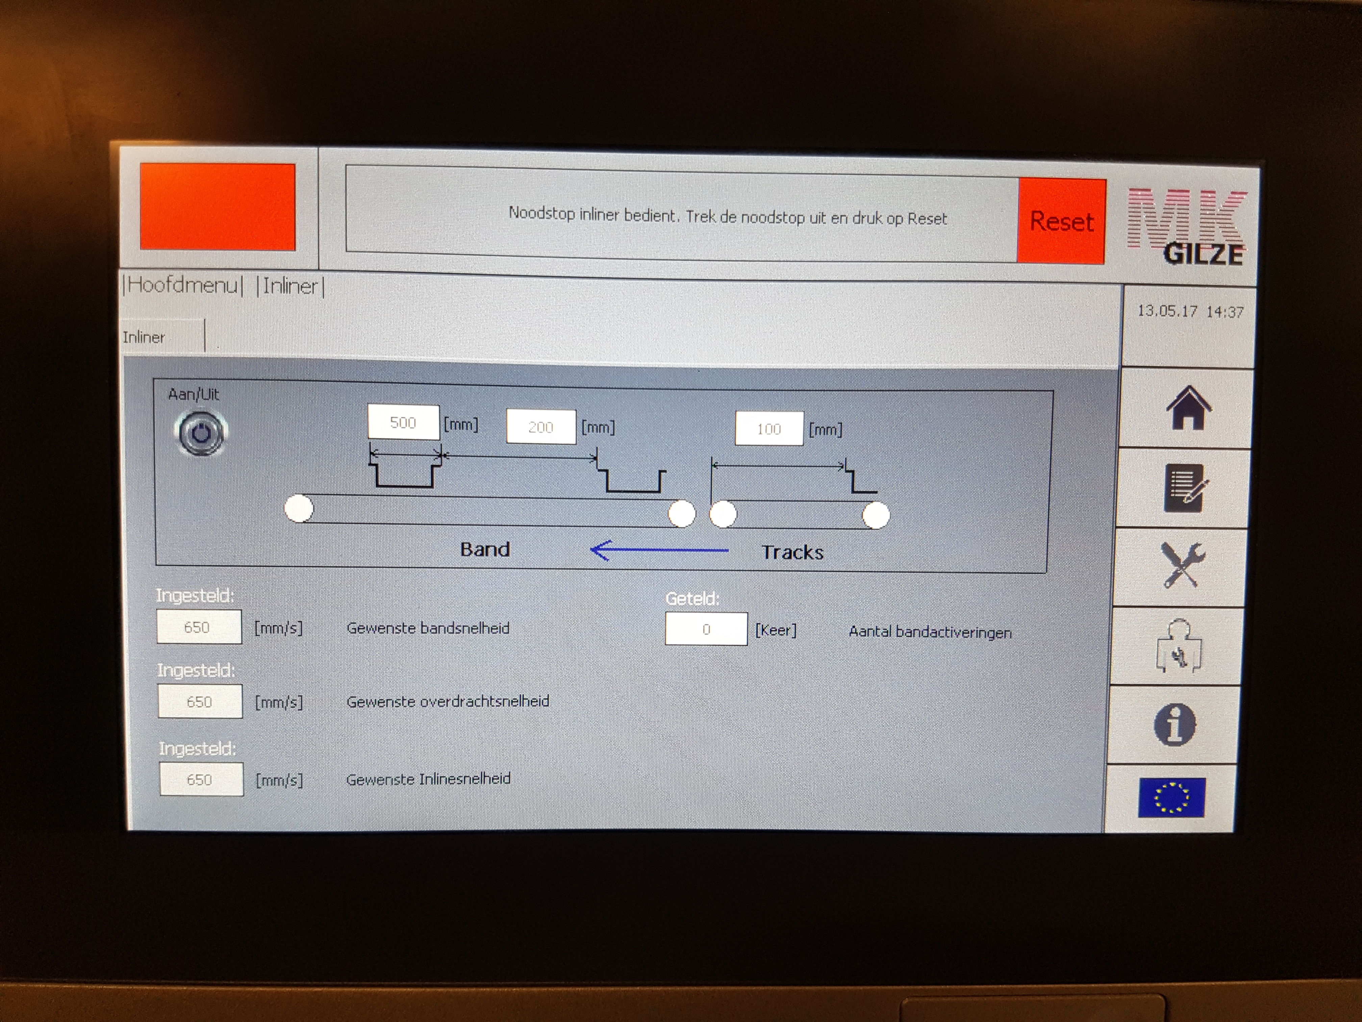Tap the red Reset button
(1061, 221)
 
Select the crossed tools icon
(1182, 565)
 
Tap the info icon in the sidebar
(1175, 725)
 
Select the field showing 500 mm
(403, 422)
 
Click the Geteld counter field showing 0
(706, 629)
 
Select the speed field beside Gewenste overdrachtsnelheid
(200, 702)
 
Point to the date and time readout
(1190, 312)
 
